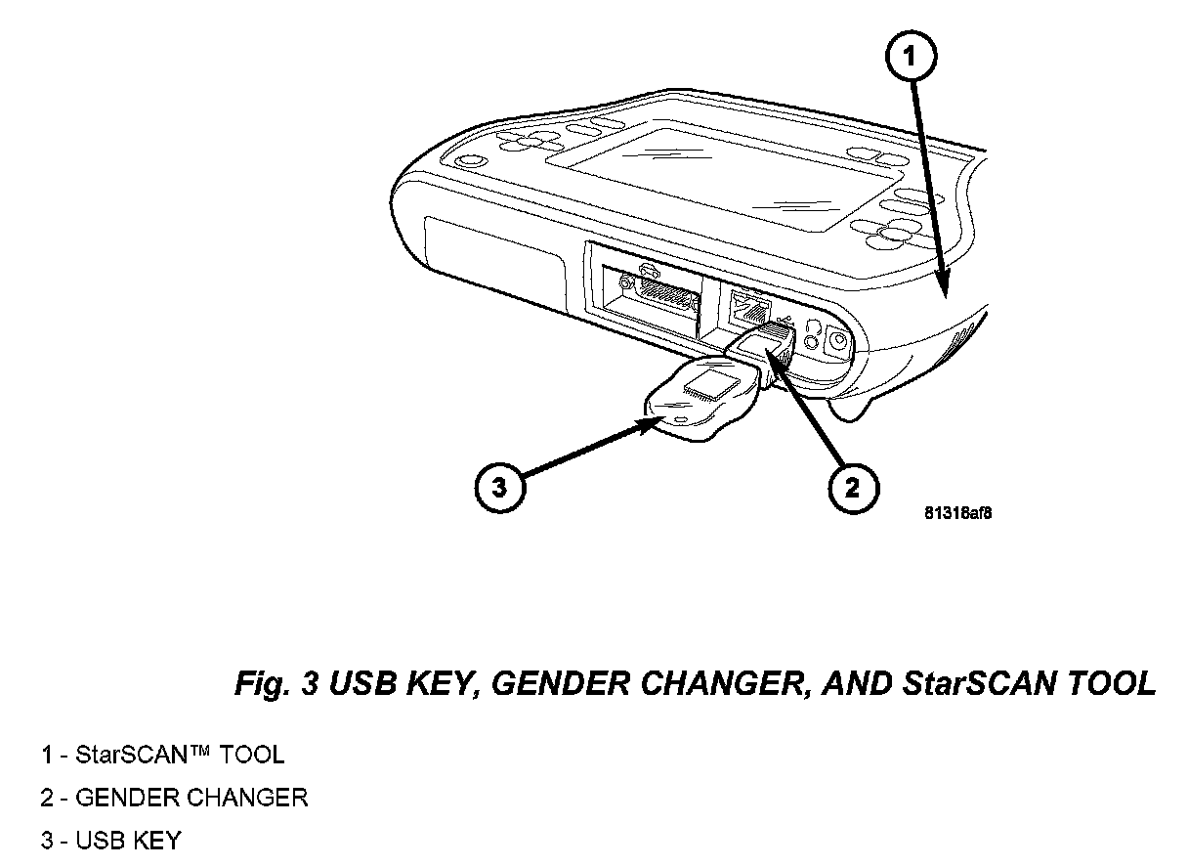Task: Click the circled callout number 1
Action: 911,57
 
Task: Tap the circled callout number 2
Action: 853,488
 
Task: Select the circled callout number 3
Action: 499,487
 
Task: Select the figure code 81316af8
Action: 957,514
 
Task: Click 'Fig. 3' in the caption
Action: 276,684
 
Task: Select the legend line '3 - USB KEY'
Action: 111,841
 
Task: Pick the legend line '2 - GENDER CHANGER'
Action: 175,798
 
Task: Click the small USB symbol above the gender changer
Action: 785,320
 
